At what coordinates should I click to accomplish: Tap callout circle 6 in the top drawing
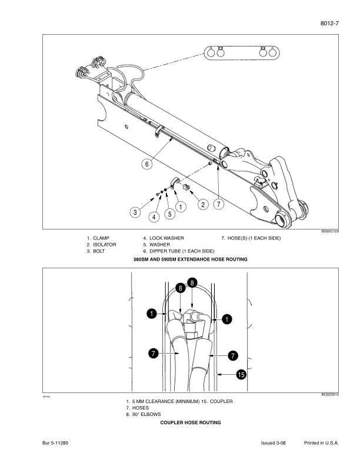pyautogui.click(x=146, y=164)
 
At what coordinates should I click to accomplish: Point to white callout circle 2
pyautogui.click(x=203, y=204)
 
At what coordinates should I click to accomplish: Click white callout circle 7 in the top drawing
pyautogui.click(x=218, y=204)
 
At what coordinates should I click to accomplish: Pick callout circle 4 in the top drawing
pyautogui.click(x=154, y=216)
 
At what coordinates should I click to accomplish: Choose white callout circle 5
pyautogui.click(x=169, y=214)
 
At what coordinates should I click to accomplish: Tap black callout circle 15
pyautogui.click(x=241, y=374)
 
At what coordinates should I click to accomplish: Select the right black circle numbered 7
pyautogui.click(x=233, y=355)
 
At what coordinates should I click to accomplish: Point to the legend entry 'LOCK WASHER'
pyautogui.click(x=164, y=238)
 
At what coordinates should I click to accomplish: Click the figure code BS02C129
pyautogui.click(x=330, y=232)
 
